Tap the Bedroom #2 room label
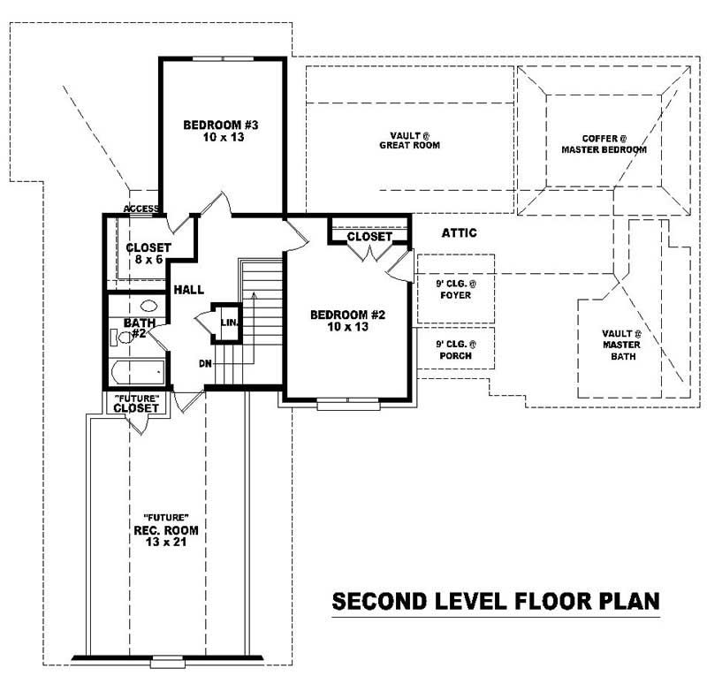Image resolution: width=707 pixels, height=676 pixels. click(x=347, y=315)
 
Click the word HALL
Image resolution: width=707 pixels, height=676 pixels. click(x=189, y=289)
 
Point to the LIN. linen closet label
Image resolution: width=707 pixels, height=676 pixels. click(x=227, y=323)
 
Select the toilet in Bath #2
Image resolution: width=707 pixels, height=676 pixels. click(x=117, y=337)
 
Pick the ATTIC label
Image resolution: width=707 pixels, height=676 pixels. click(x=459, y=233)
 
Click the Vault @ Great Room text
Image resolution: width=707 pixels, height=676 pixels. click(x=409, y=141)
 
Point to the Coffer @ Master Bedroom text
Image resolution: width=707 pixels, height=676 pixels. click(x=604, y=144)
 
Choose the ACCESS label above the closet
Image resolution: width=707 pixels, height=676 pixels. click(x=141, y=209)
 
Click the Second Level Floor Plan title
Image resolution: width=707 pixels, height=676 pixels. click(x=495, y=602)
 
